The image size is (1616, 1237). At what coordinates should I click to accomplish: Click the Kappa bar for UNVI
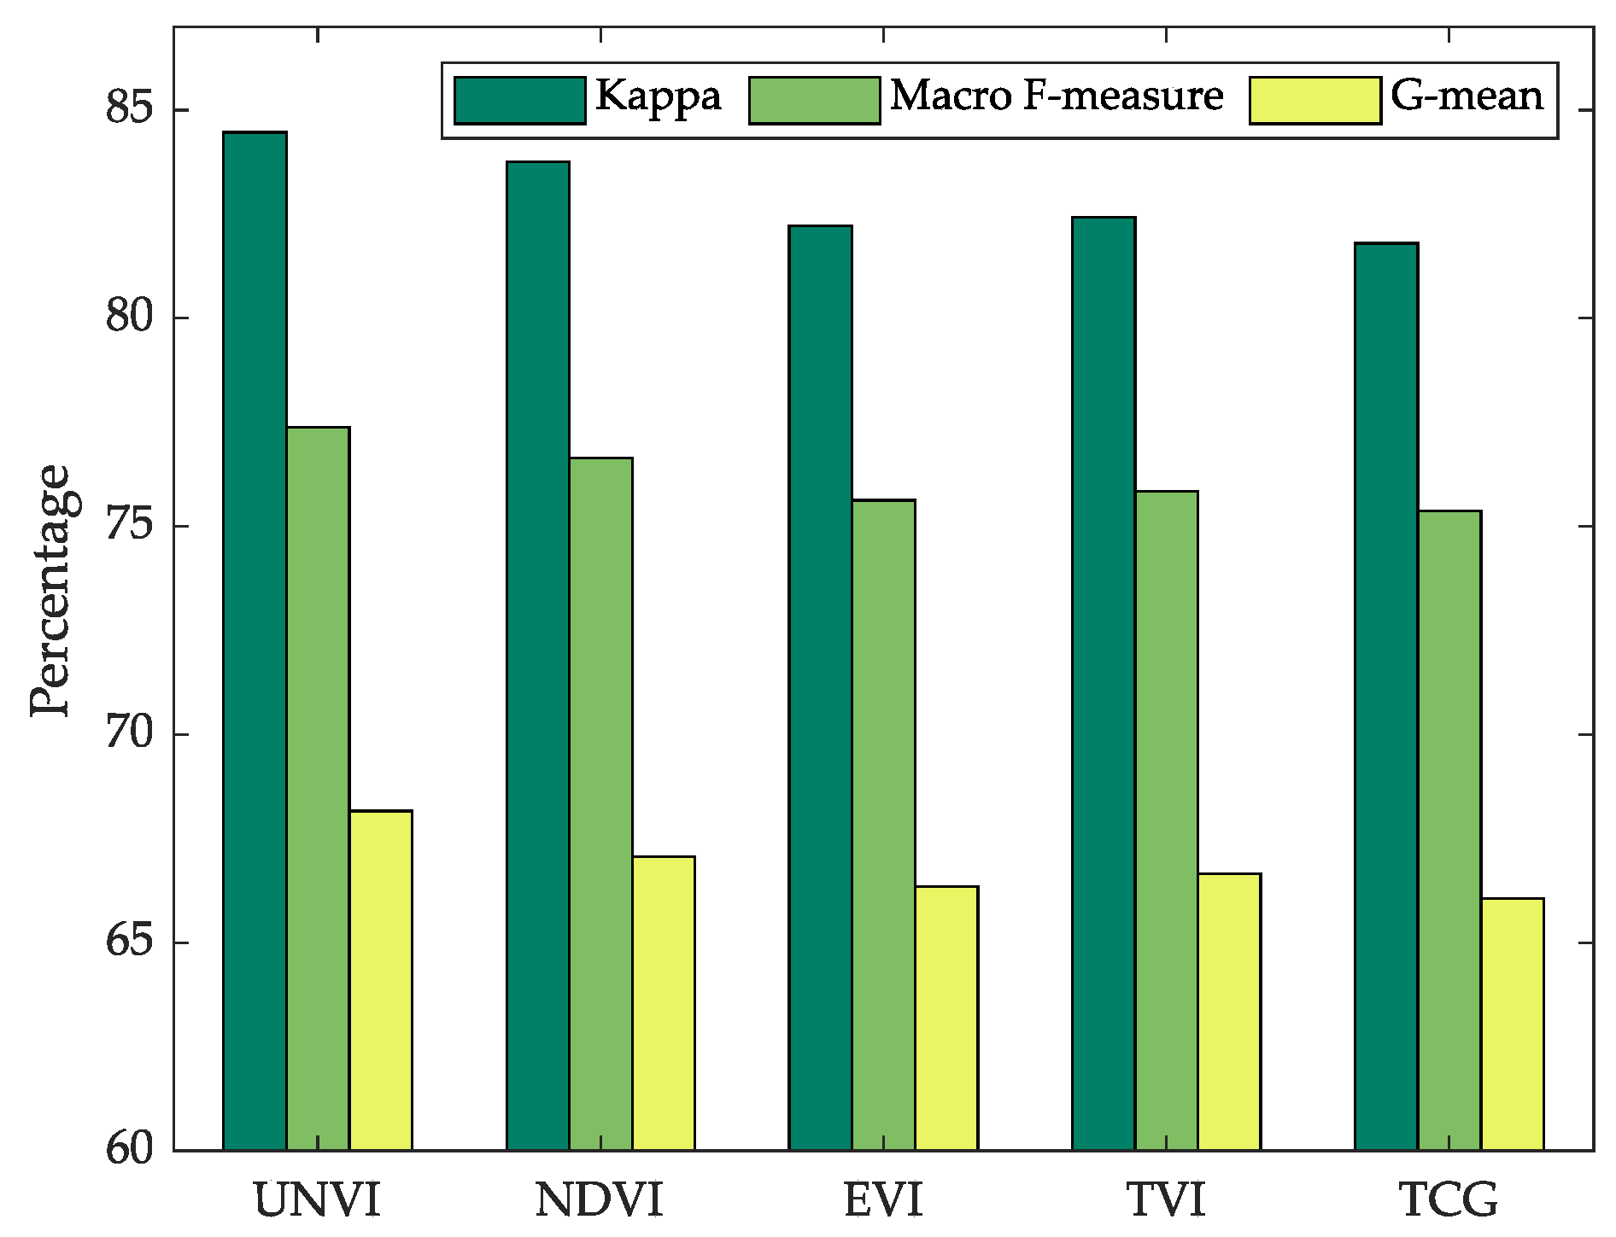point(255,640)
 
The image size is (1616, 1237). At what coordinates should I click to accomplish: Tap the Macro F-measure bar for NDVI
point(600,803)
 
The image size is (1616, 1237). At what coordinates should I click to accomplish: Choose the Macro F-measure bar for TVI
point(1166,820)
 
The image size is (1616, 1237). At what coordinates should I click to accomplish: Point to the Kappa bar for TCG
point(1385,696)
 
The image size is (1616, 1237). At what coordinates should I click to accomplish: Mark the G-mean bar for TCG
point(1512,1024)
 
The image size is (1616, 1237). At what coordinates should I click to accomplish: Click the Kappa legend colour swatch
point(519,101)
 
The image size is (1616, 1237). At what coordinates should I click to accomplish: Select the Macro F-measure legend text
point(1057,96)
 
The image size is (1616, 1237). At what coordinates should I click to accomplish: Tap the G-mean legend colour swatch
point(1314,101)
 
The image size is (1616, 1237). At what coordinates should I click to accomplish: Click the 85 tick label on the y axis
point(129,109)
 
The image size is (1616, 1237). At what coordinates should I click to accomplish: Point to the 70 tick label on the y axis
point(129,733)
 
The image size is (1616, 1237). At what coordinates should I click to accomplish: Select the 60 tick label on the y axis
point(129,1149)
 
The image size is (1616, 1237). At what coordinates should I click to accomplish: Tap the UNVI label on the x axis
point(317,1200)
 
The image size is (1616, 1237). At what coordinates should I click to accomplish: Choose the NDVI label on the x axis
point(599,1200)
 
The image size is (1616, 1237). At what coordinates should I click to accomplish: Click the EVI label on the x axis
point(883,1200)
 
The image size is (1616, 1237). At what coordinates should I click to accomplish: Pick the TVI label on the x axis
point(1166,1200)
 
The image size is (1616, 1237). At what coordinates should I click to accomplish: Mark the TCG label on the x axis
point(1449,1200)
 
